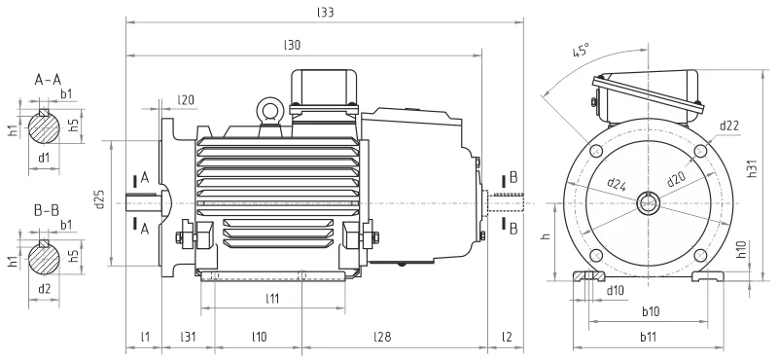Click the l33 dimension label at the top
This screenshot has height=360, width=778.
[x=326, y=13]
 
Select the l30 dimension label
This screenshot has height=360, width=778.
[x=293, y=45]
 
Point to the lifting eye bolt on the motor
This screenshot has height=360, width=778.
[x=270, y=109]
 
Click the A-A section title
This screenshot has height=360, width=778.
[x=48, y=80]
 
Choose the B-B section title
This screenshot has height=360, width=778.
[x=47, y=210]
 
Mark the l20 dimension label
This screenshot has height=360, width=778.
[x=186, y=100]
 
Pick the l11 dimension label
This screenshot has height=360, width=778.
[x=272, y=299]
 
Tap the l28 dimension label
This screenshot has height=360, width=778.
[x=382, y=338]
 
